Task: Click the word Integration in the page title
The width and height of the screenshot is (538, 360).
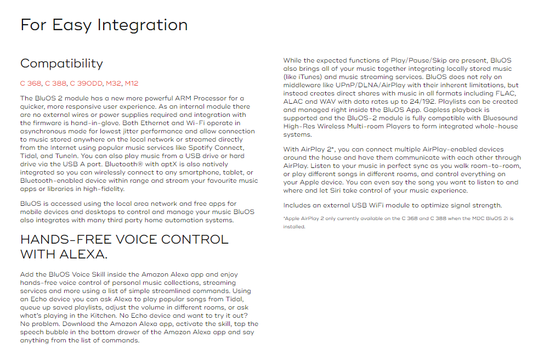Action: [x=142, y=25]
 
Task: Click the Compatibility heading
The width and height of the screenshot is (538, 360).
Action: [x=61, y=64]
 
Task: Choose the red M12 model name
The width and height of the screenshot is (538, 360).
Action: [x=132, y=83]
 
